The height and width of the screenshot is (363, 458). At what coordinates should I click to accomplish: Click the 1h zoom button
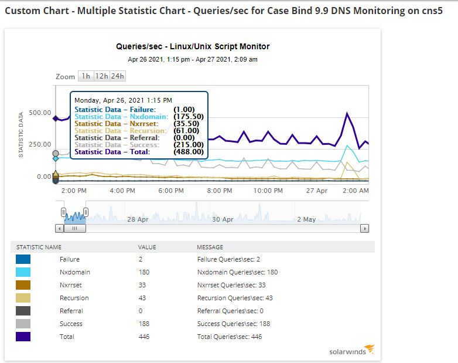(x=86, y=76)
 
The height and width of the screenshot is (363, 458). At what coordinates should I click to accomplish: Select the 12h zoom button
(x=102, y=76)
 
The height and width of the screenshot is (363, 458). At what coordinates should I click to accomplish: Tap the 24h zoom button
(x=118, y=76)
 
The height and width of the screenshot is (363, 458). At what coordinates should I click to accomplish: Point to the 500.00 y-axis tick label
(x=40, y=113)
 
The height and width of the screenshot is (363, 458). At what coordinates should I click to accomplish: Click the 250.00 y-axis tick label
(x=40, y=144)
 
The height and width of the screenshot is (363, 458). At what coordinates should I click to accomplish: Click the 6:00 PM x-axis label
(x=171, y=191)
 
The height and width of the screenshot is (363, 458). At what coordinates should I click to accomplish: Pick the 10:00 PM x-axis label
(x=268, y=191)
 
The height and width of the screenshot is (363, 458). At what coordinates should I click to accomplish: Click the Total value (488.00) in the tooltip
(x=189, y=152)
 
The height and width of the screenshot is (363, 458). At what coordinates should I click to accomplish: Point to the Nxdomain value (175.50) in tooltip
(x=189, y=117)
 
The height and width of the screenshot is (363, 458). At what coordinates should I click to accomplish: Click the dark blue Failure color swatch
(x=23, y=259)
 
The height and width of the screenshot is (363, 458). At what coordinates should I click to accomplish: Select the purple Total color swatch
(x=23, y=337)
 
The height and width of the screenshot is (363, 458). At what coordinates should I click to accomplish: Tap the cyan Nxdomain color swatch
(x=23, y=272)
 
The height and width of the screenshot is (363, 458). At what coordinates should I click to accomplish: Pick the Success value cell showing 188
(x=143, y=324)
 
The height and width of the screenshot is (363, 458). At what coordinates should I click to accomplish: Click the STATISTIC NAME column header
(x=39, y=247)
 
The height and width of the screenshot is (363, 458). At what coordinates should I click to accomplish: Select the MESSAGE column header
(x=210, y=247)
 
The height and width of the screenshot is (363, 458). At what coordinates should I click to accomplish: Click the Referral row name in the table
(x=71, y=311)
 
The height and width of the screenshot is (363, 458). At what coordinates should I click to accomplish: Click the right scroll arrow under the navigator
(x=365, y=229)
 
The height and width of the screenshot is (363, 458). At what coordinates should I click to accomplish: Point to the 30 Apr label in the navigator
(x=223, y=219)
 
